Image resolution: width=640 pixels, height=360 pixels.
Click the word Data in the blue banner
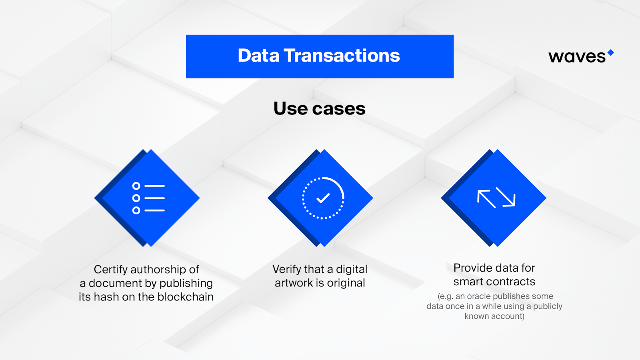[x=258, y=56]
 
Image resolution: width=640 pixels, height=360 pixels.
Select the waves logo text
[x=577, y=57]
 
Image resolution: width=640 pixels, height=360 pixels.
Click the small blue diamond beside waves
[x=610, y=52]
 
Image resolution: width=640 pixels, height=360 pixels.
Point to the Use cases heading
[x=320, y=108]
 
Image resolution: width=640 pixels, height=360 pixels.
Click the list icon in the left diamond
[x=148, y=198]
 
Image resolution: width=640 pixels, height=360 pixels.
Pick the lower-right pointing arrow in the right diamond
[x=506, y=196]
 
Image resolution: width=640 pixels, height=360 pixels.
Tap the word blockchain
[x=186, y=297]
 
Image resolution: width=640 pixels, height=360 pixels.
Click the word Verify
[x=286, y=270]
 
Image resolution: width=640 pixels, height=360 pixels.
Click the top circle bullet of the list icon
[x=136, y=186]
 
